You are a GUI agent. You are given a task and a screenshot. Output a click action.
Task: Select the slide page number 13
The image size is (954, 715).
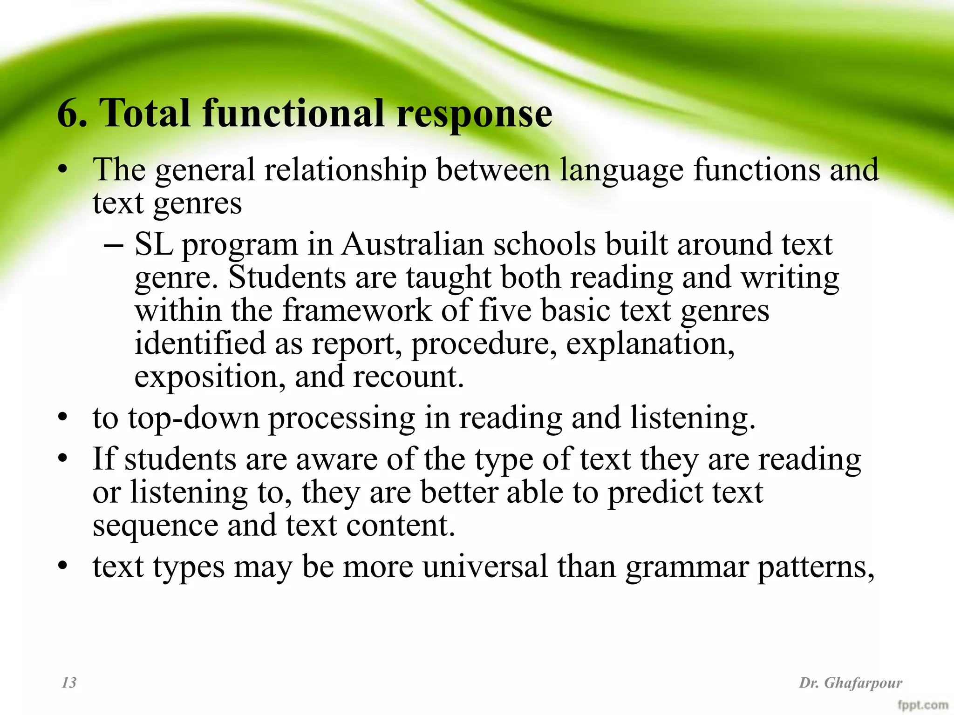pos(69,682)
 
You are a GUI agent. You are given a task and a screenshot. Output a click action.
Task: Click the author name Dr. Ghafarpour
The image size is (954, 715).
pos(851,683)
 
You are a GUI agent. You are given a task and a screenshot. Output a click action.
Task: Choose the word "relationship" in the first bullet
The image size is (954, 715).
pos(345,169)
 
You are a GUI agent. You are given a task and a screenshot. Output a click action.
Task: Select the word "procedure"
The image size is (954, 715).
pos(484,344)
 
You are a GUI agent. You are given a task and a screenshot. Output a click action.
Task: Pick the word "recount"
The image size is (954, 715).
pos(408,377)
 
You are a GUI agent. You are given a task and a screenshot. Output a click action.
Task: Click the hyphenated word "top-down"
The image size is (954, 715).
pos(194,418)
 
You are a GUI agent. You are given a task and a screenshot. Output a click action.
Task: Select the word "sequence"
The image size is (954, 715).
pos(155,526)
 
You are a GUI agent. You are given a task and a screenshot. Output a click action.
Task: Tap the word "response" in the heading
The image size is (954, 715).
pos(474,114)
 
